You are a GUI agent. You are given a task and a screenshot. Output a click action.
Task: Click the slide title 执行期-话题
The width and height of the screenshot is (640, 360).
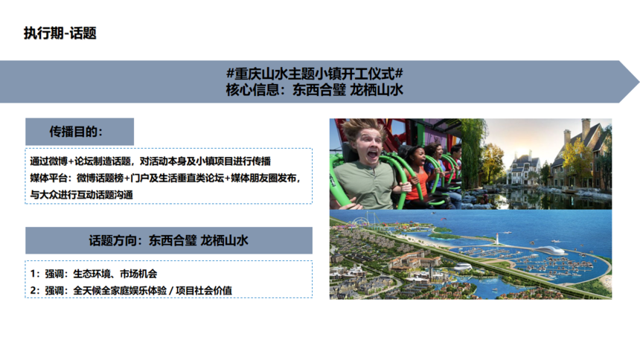point(60,33)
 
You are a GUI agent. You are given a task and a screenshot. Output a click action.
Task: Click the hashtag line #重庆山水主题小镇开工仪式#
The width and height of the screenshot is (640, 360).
point(315,74)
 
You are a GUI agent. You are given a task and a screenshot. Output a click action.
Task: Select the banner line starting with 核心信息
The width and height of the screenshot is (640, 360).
point(315,90)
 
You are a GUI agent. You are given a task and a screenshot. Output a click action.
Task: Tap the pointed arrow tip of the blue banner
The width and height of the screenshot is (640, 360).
point(638,82)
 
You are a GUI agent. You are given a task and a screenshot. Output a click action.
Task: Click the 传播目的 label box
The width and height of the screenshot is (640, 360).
point(80,132)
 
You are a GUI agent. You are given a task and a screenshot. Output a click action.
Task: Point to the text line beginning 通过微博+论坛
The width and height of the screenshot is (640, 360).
point(150,161)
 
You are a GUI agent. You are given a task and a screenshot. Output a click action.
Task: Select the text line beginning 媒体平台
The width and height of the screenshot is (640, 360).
point(165,178)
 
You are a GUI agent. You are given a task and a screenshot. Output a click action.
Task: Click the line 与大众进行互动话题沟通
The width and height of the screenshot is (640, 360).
point(82,195)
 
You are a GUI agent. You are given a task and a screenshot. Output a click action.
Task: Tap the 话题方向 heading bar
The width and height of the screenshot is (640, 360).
point(169,240)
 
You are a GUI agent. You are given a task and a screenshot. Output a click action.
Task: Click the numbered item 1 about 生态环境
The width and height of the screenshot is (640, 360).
point(94,274)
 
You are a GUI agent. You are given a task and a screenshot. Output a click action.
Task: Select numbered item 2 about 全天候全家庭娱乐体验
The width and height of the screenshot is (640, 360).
point(131,291)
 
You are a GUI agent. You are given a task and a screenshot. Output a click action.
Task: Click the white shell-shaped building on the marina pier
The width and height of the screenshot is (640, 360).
point(550,250)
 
